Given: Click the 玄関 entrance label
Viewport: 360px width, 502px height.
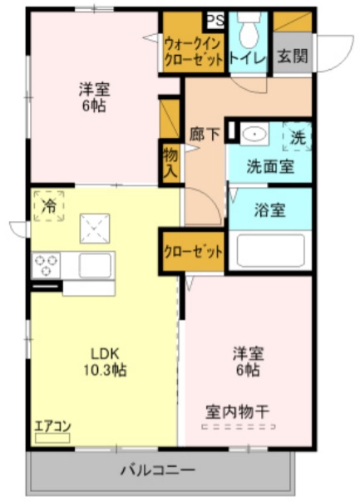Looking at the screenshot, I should (x=293, y=57).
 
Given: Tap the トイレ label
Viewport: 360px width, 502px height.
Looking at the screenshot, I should (x=247, y=57).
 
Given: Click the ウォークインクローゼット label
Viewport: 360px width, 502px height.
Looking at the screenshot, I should (x=193, y=51).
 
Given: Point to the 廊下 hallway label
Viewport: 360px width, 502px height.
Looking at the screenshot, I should (x=205, y=133).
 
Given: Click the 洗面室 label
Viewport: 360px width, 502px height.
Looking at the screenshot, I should (x=269, y=165).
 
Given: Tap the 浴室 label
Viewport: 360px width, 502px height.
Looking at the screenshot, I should (x=269, y=209).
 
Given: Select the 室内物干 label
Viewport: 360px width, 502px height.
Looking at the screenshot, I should (x=237, y=411).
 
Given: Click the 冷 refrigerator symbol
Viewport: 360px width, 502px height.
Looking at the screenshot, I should (x=49, y=204).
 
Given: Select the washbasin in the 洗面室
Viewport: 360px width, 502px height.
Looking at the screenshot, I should (x=254, y=134).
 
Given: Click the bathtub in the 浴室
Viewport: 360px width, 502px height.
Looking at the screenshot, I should (x=269, y=251).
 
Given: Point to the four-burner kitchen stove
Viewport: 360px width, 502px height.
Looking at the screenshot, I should (x=45, y=265).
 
